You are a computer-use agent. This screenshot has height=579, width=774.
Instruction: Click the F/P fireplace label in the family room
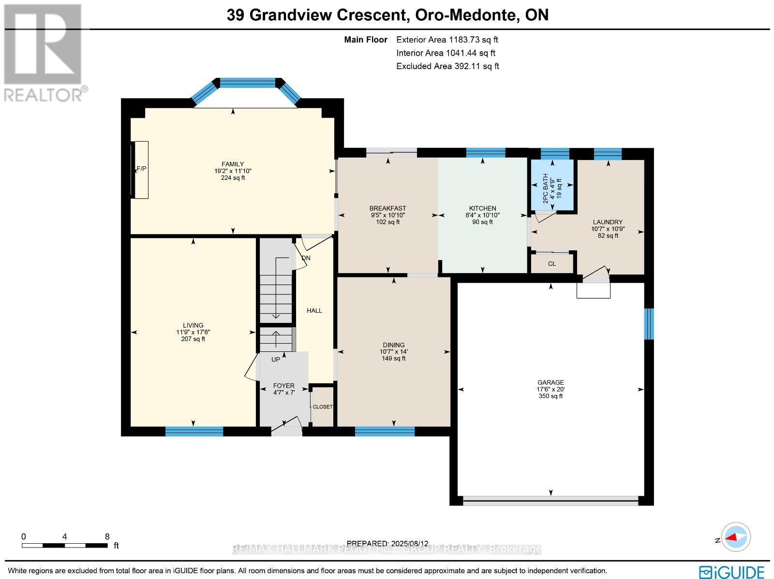(x=141, y=169)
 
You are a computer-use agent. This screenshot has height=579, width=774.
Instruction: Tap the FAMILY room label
(x=233, y=164)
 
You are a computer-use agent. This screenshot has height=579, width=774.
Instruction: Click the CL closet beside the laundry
(x=552, y=264)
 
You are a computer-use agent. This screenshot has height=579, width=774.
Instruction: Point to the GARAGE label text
(x=551, y=382)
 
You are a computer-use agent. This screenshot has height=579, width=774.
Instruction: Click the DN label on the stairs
(x=306, y=258)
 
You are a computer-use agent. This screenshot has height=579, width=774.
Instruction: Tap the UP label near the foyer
(x=275, y=360)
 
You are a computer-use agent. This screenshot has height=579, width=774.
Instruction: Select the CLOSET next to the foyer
(x=323, y=407)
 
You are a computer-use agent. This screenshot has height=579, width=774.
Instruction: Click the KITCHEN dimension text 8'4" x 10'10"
(x=482, y=215)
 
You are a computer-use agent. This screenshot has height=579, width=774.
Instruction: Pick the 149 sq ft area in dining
(x=393, y=359)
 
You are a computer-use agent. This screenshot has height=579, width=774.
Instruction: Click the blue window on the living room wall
(x=194, y=431)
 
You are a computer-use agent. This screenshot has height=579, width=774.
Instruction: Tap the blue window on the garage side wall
(x=649, y=323)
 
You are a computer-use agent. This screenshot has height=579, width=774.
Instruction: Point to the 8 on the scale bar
(x=107, y=536)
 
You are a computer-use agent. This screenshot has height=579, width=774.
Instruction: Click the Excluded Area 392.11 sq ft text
(x=447, y=66)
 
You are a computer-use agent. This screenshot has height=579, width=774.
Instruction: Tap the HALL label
(x=314, y=311)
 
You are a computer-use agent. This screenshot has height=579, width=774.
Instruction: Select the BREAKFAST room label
(x=387, y=208)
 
